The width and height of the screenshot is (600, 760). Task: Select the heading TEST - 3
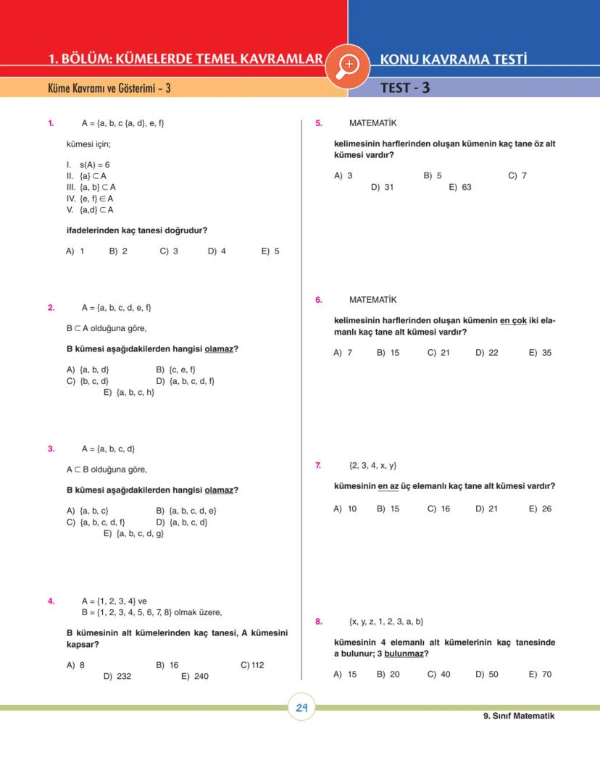point(405,88)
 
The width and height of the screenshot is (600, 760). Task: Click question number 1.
point(51,123)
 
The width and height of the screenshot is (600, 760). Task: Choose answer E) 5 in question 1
point(270,251)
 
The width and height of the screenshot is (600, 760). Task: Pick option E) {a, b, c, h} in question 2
point(129,393)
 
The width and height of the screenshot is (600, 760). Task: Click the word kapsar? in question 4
point(83,644)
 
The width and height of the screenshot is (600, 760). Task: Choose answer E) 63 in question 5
point(460,187)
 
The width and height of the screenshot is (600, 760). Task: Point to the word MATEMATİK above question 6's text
point(372,300)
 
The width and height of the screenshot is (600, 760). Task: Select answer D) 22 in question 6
point(487,353)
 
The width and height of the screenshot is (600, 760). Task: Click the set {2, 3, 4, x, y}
point(372,466)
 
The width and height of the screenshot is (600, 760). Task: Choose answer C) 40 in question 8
point(438,675)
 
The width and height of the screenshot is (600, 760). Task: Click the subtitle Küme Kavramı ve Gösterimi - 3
point(109,88)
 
